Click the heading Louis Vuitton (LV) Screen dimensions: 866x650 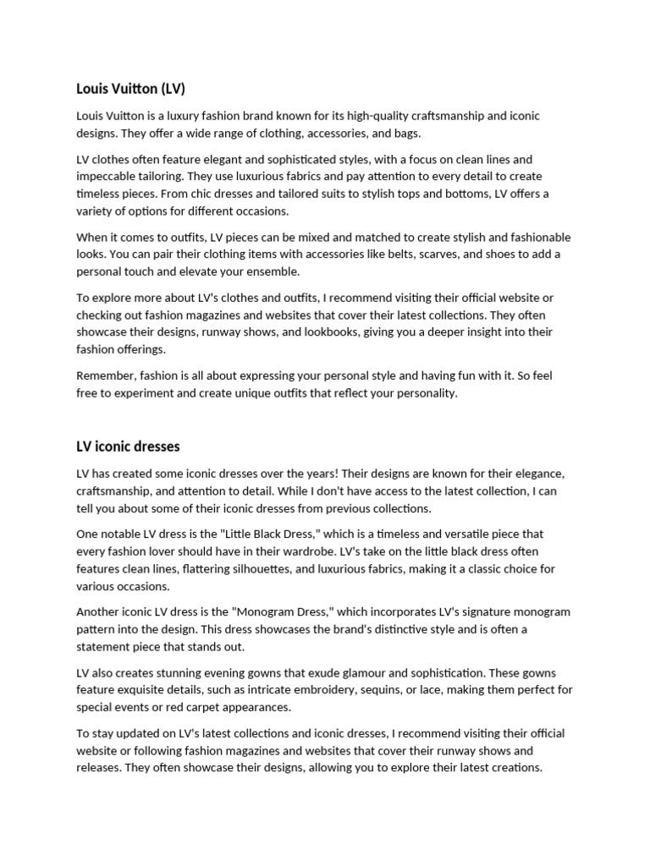coord(130,88)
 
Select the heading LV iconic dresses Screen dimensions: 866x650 coord(128,446)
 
